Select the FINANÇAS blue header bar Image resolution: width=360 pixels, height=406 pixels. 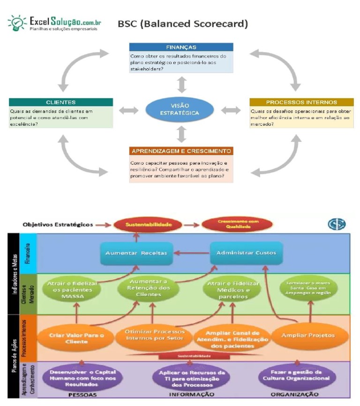click(181, 47)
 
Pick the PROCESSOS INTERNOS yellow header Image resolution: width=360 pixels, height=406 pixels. click(301, 102)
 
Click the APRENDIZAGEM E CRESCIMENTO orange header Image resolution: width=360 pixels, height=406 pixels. click(181, 151)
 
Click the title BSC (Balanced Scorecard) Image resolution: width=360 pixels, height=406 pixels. click(182, 23)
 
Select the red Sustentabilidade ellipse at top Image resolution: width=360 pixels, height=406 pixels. click(137, 225)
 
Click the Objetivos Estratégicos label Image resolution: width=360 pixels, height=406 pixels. click(58, 225)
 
